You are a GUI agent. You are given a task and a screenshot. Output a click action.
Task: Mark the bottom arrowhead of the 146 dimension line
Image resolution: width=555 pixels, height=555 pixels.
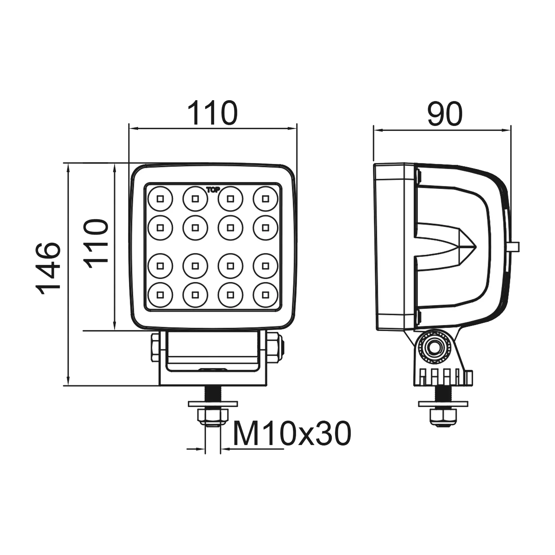pyautogui.click(x=68, y=381)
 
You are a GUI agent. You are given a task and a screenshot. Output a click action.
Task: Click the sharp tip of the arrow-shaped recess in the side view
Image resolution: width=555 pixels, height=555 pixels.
pyautogui.click(x=476, y=246)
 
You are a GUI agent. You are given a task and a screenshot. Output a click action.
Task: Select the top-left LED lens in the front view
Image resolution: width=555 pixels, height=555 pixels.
pyautogui.click(x=160, y=199)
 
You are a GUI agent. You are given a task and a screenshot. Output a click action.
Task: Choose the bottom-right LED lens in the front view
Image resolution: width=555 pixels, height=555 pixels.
pyautogui.click(x=266, y=295)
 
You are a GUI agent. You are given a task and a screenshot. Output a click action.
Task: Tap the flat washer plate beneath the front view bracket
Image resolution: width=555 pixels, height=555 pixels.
pyautogui.click(x=213, y=403)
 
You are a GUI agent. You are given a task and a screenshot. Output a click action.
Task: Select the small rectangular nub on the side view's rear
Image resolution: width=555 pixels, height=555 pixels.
pyautogui.click(x=514, y=247)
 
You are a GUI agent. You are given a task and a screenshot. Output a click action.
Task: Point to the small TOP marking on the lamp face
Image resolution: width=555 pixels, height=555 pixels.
pyautogui.click(x=213, y=190)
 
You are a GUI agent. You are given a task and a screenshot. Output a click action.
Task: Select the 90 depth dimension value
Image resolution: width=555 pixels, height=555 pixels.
pyautogui.click(x=445, y=114)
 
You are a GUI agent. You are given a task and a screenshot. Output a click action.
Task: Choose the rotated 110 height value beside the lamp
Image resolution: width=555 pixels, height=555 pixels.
pyautogui.click(x=96, y=244)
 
